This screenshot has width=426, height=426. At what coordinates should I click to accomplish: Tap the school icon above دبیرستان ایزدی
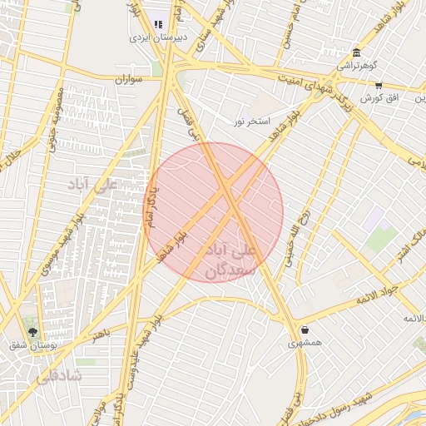159,24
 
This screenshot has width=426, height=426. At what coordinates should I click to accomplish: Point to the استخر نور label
252,121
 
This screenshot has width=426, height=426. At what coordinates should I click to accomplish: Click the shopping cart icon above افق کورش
379,85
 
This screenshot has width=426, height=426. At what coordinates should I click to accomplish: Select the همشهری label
305,342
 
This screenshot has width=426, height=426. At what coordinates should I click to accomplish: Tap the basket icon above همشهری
305,329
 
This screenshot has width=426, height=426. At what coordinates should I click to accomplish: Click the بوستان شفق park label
32,344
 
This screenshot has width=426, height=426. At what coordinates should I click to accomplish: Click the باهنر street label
101,333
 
